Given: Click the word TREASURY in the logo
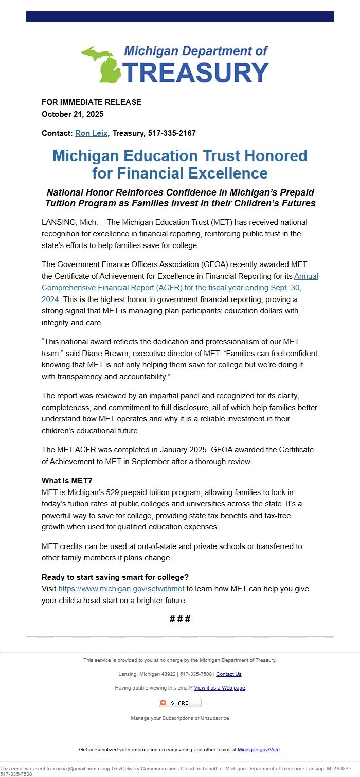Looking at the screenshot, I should pyautogui.click(x=196, y=73).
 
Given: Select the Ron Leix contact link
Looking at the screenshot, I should pyautogui.click(x=91, y=133).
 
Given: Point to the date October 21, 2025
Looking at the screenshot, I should pyautogui.click(x=73, y=114).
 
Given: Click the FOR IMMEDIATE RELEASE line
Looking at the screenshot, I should pyautogui.click(x=92, y=102).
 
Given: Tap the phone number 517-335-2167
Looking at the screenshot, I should pyautogui.click(x=172, y=133).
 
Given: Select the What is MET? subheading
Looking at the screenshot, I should pyautogui.click(x=67, y=481).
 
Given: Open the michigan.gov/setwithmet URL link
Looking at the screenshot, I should pyautogui.click(x=121, y=589).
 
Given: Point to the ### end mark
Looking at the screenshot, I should pyautogui.click(x=180, y=619).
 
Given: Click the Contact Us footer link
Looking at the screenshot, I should pyautogui.click(x=228, y=674).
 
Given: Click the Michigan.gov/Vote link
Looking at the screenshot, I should pyautogui.click(x=259, y=750).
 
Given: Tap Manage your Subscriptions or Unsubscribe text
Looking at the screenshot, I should pyautogui.click(x=180, y=718).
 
